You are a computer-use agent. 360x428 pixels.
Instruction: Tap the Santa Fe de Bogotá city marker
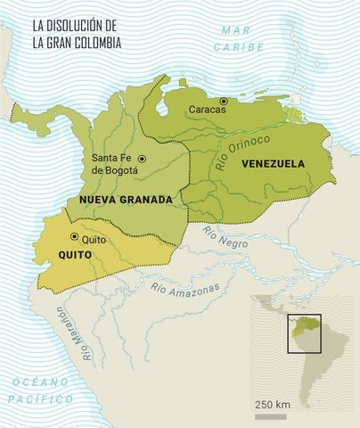[142, 159]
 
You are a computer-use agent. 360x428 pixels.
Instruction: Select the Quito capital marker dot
[74, 237]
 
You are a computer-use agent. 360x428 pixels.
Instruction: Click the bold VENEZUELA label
[271, 163]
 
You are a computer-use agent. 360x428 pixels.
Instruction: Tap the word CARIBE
[243, 46]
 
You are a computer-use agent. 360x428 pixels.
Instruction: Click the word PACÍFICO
[40, 399]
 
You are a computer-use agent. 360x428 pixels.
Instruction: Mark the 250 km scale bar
[271, 416]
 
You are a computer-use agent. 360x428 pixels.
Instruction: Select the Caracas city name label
[208, 111]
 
